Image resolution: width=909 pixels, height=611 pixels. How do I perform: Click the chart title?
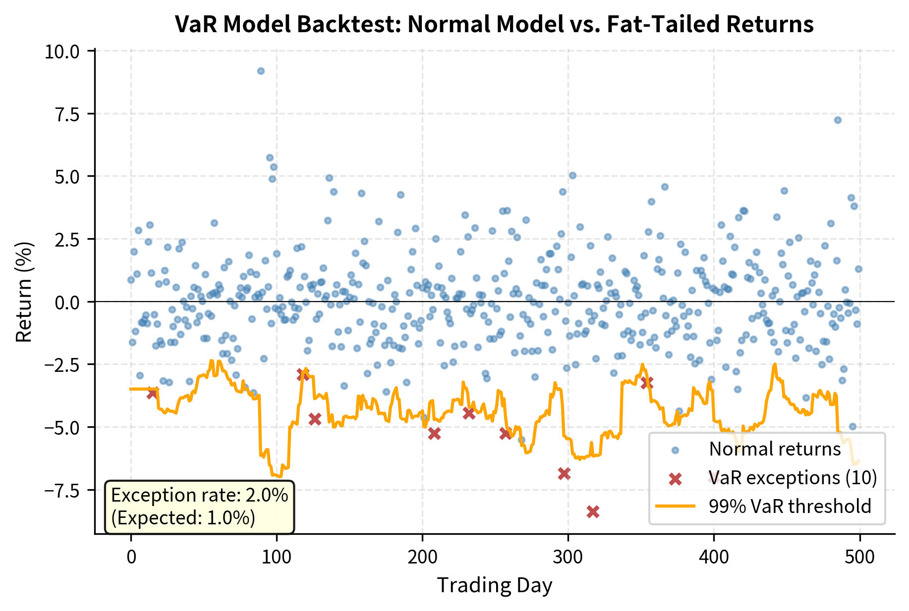pyautogui.click(x=494, y=24)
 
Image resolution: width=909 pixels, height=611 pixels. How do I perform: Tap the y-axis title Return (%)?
pyautogui.click(x=24, y=292)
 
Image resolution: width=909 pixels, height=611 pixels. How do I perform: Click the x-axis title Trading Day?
pyautogui.click(x=494, y=585)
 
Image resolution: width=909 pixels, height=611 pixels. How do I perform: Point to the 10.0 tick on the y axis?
pyautogui.click(x=62, y=51)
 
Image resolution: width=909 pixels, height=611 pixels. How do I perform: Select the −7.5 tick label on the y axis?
pyautogui.click(x=62, y=490)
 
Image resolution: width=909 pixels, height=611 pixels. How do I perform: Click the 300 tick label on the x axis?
pyautogui.click(x=568, y=558)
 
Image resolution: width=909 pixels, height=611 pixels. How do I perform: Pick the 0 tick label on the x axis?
pyautogui.click(x=131, y=558)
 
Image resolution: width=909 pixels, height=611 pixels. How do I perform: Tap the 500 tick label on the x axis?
pyautogui.click(x=859, y=558)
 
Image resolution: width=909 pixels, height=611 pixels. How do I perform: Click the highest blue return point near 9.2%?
pyautogui.click(x=261, y=71)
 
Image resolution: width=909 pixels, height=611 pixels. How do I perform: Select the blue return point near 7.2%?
pyautogui.click(x=838, y=120)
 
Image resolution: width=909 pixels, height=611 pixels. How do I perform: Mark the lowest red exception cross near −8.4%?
pyautogui.click(x=593, y=511)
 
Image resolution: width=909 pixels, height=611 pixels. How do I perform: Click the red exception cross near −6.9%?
pyautogui.click(x=564, y=473)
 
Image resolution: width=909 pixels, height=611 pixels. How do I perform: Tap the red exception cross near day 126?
pyautogui.click(x=315, y=419)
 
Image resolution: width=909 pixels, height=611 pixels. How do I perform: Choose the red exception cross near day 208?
pyautogui.click(x=434, y=433)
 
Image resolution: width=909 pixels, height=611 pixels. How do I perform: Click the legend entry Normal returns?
pyautogui.click(x=775, y=449)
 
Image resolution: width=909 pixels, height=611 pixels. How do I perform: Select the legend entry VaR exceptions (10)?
pyautogui.click(x=793, y=478)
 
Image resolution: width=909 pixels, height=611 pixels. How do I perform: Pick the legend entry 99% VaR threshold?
pyautogui.click(x=790, y=507)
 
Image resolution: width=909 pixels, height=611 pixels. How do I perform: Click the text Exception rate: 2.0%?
pyautogui.click(x=199, y=495)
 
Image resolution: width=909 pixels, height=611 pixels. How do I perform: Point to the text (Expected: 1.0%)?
pyautogui.click(x=183, y=518)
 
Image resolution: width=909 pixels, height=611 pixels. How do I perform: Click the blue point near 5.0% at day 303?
pyautogui.click(x=572, y=175)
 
